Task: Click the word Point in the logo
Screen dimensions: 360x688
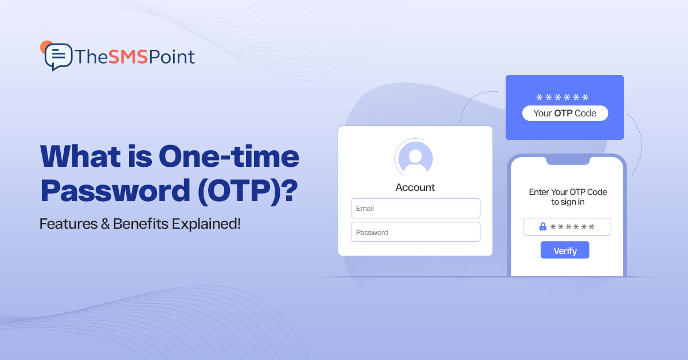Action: pyautogui.click(x=171, y=57)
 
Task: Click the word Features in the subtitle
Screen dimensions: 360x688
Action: pyautogui.click(x=63, y=224)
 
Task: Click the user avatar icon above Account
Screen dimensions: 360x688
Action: pyautogui.click(x=415, y=156)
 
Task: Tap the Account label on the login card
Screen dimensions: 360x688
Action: pyautogui.click(x=415, y=187)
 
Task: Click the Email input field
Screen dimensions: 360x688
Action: pyautogui.click(x=415, y=208)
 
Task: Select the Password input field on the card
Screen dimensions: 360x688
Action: pyautogui.click(x=415, y=232)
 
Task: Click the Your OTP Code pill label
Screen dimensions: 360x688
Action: pyautogui.click(x=565, y=113)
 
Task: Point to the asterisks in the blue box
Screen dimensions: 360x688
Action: pyautogui.click(x=562, y=97)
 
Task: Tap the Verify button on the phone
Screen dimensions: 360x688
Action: pyautogui.click(x=565, y=251)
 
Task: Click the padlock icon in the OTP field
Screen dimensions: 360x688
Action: pyautogui.click(x=542, y=227)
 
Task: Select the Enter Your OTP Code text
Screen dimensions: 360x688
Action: pyautogui.click(x=568, y=192)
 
